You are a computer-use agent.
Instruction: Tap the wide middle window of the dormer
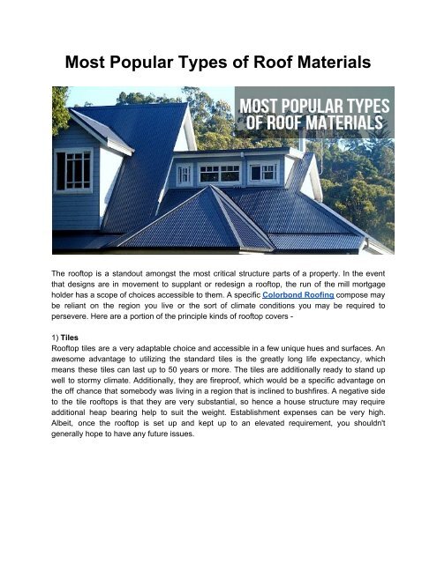pos(219,173)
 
